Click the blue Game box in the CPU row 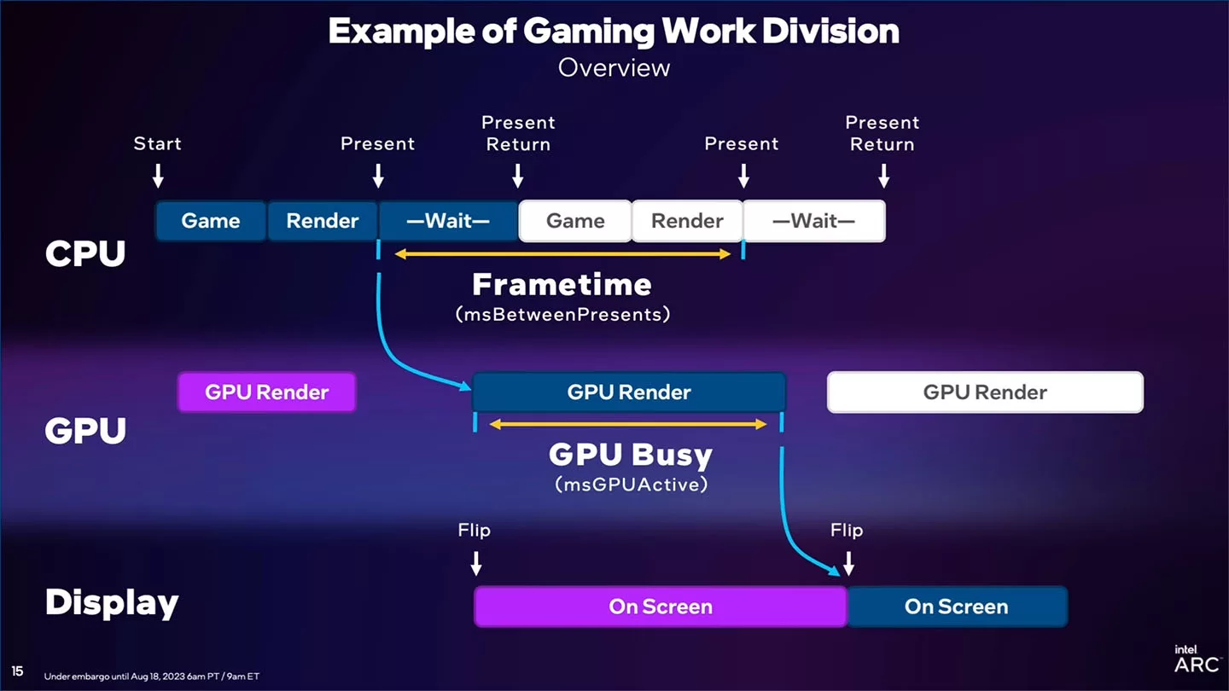coord(211,221)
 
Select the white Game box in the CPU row coord(575,221)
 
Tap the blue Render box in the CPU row coord(323,221)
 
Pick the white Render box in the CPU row coord(687,221)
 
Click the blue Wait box coord(448,221)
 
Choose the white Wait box coord(813,221)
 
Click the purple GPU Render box coord(266,392)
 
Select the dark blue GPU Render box coord(629,392)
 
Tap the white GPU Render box coord(985,392)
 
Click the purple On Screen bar coord(660,607)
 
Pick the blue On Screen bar coord(956,607)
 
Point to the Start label coord(158,143)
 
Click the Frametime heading coord(562,284)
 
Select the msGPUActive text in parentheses coord(631,485)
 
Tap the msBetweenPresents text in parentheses coord(562,314)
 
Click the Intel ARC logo coord(1197,659)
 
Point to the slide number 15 coord(17,671)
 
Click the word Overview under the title coord(614,67)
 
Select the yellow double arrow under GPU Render coord(628,424)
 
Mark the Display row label coord(112,602)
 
